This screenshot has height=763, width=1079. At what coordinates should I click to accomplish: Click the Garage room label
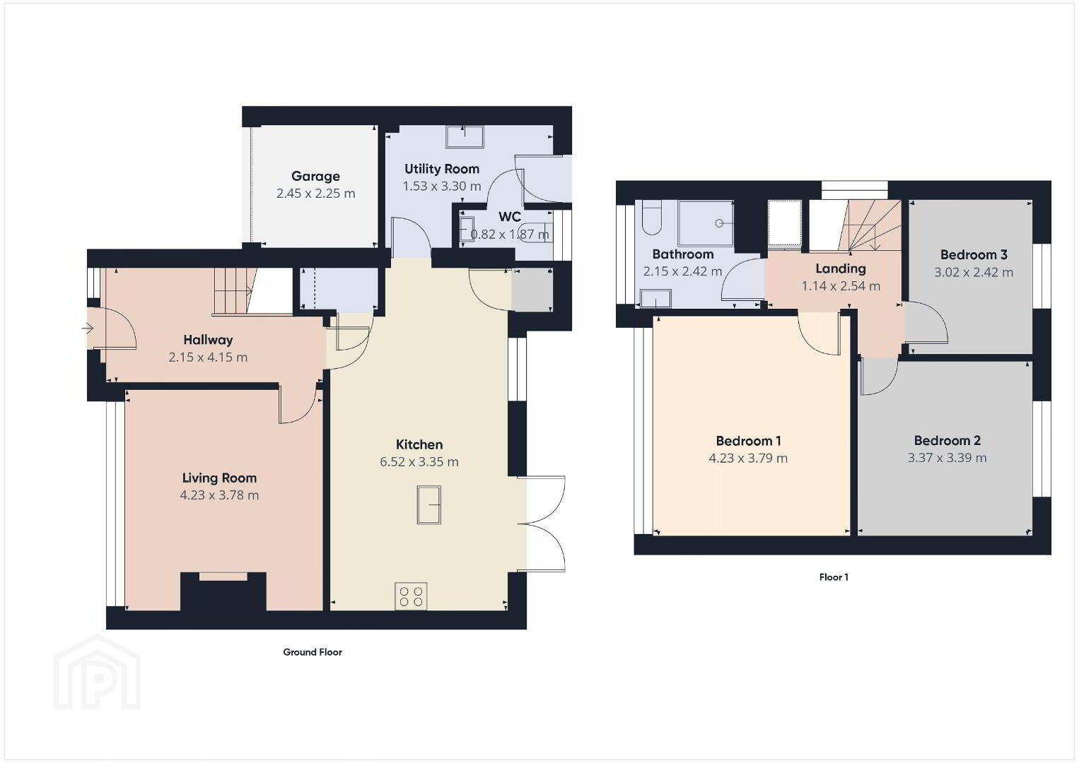click(315, 176)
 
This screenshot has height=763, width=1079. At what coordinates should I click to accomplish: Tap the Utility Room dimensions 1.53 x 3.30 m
click(442, 186)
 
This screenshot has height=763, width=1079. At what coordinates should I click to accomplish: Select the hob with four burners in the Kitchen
click(411, 596)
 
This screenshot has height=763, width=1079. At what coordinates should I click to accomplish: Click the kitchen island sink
click(428, 504)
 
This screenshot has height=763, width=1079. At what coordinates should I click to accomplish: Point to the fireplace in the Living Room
click(223, 591)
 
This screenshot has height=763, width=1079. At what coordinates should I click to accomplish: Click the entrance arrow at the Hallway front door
click(87, 329)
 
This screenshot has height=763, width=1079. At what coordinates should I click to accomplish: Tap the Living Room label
click(219, 478)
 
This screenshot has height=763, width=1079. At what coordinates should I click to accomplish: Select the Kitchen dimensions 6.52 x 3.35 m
click(419, 461)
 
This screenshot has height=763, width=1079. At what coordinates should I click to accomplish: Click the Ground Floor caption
click(313, 652)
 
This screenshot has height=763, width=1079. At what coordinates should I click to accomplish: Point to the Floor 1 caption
click(834, 576)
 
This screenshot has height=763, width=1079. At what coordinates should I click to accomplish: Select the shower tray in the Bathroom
click(706, 223)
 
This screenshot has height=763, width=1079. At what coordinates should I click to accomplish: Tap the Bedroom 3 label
click(974, 254)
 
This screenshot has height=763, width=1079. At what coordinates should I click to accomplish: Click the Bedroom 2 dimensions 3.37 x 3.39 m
click(947, 457)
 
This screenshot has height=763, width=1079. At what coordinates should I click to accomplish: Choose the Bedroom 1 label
click(748, 440)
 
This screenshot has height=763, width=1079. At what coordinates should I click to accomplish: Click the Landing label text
click(841, 268)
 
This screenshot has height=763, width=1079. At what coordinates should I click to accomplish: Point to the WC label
click(510, 217)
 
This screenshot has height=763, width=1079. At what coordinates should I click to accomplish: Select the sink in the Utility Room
click(465, 137)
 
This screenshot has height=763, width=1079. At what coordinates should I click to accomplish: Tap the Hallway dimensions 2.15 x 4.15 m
click(208, 357)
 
